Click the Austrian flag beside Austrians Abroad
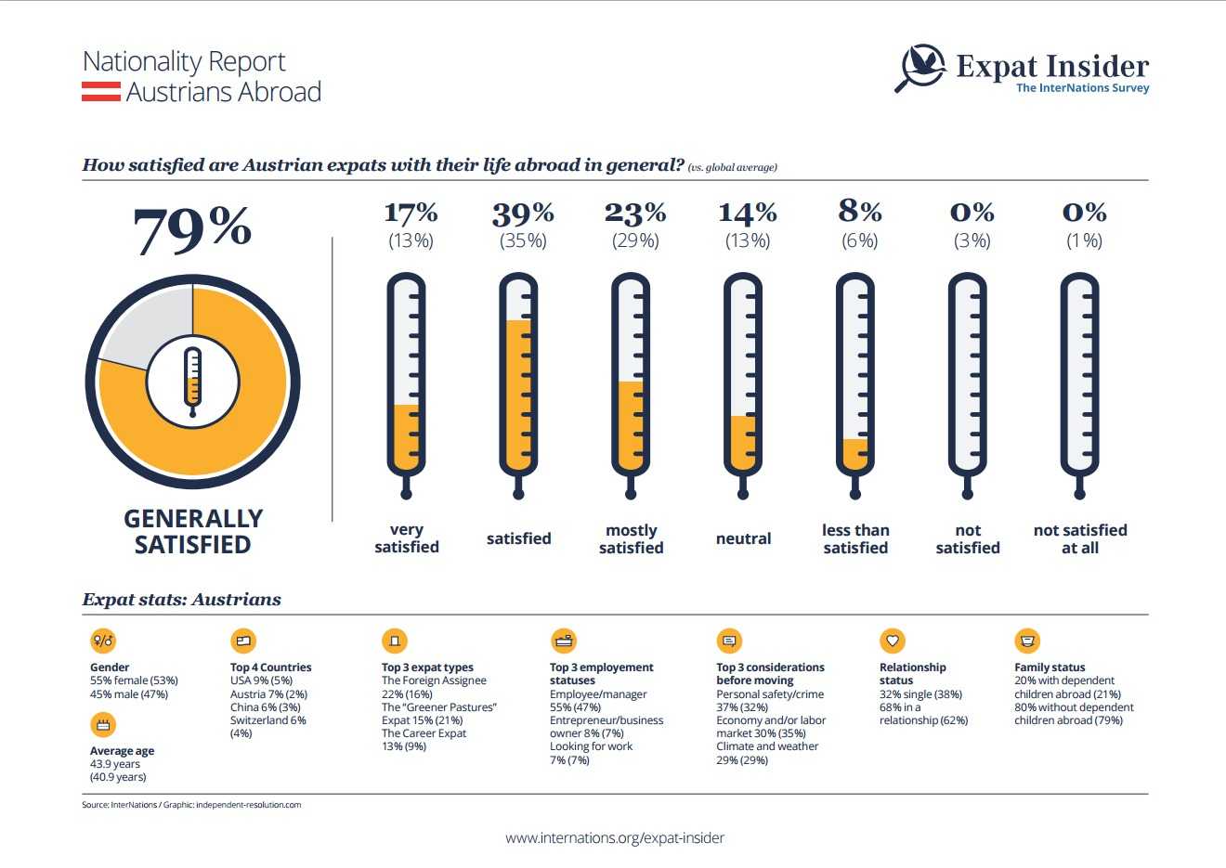100,92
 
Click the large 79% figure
192,229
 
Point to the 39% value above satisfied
523,214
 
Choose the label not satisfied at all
1080,538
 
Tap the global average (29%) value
635,241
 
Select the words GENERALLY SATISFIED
193,531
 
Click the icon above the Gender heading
103,641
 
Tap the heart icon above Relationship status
892,641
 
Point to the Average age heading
122,751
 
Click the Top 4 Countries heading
270,667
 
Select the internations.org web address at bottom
615,837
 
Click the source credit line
191,805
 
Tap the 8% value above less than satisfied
860,213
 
